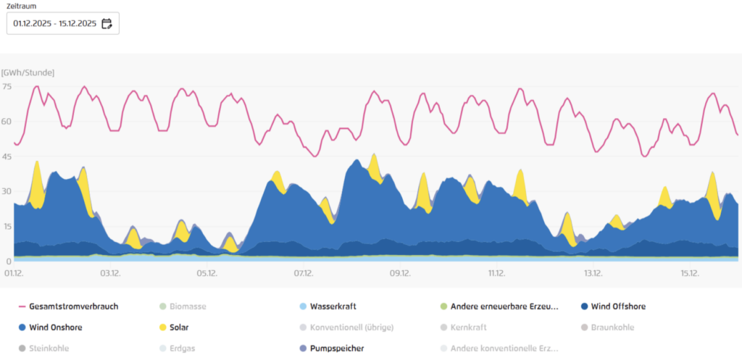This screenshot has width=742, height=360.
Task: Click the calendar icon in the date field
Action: click(x=107, y=24)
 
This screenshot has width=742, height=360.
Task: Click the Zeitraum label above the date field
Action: click(x=21, y=6)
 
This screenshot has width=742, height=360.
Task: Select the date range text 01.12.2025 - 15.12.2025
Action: click(x=54, y=24)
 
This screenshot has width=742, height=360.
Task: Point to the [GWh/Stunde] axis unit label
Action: click(x=28, y=72)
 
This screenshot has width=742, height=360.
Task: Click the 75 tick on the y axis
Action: click(x=7, y=87)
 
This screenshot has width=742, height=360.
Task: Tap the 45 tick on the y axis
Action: click(x=7, y=156)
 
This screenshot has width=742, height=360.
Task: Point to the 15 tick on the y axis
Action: click(x=7, y=226)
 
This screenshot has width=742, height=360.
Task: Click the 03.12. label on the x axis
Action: click(x=109, y=273)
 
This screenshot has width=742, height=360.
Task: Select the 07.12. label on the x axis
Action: click(x=303, y=273)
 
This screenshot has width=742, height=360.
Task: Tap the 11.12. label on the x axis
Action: click(x=496, y=273)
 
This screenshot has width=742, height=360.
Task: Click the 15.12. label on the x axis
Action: click(x=690, y=273)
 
